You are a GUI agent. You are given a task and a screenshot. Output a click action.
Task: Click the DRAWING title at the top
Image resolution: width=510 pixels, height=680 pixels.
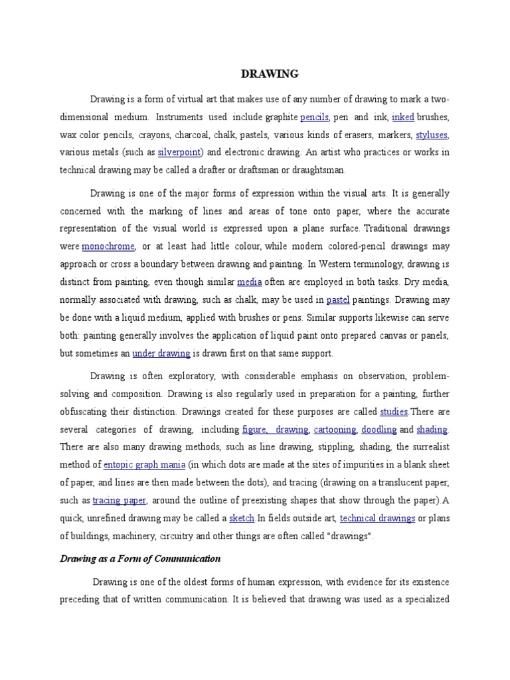click(269, 74)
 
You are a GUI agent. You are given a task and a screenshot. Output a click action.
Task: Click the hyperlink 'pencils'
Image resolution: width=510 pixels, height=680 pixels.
click(315, 118)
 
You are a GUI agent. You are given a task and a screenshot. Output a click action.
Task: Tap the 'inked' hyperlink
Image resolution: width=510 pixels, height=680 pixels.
click(403, 118)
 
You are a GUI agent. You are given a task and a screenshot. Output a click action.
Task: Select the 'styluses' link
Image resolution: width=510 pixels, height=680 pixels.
click(432, 135)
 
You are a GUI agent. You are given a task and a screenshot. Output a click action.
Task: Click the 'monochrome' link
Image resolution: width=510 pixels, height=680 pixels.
click(108, 246)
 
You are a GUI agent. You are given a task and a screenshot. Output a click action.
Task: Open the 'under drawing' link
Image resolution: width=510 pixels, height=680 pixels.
click(161, 353)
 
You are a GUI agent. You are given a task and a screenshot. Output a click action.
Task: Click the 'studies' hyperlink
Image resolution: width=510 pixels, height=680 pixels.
click(394, 412)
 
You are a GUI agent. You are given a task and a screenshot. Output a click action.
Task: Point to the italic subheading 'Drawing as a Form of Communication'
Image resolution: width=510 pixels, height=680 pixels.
click(140, 559)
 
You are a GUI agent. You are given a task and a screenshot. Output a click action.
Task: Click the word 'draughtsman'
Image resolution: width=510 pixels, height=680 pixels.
click(315, 170)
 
